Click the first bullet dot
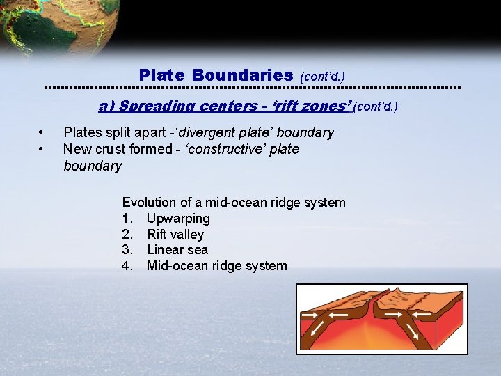[42, 132]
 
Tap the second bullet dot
[42, 149]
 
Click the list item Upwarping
[178, 219]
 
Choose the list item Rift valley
[175, 235]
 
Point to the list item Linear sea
[177, 250]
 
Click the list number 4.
[127, 266]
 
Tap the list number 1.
[127, 219]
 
